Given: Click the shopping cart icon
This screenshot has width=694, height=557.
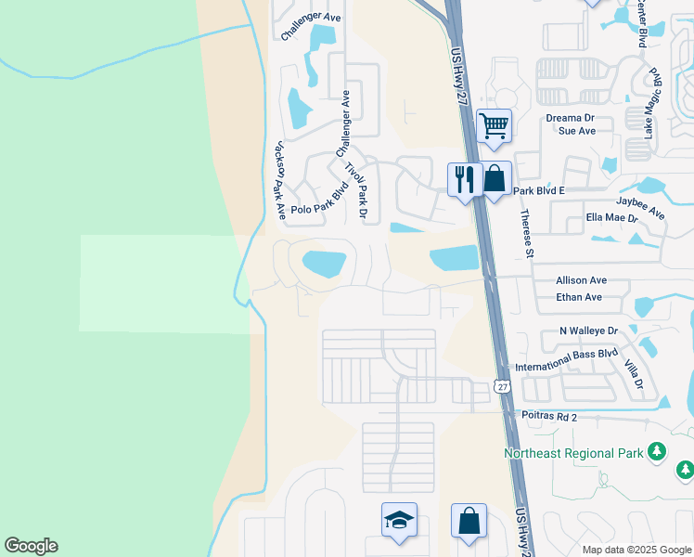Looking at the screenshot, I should tap(494, 124).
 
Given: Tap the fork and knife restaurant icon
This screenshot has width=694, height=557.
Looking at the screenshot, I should tap(465, 177).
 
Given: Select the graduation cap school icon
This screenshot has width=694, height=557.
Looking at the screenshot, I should tap(399, 520).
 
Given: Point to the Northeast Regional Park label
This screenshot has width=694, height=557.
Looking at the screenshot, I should tap(572, 453).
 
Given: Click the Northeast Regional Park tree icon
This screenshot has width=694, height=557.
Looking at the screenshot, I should tap(658, 452).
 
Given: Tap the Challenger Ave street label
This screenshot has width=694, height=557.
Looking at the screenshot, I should tap(311, 16).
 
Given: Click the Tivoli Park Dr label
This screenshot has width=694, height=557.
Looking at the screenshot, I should tap(357, 191).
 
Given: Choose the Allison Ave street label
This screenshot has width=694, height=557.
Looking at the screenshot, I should tap(581, 279).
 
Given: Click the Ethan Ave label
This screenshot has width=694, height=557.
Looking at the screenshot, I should tap(579, 297).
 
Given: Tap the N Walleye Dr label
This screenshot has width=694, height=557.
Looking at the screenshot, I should tap(588, 330).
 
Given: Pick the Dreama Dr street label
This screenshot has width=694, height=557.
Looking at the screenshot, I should tap(569, 118).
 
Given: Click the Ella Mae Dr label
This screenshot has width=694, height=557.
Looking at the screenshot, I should tap(612, 218).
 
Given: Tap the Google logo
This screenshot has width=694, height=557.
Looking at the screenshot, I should tap(31, 546).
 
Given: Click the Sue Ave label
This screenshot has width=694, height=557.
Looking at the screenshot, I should tap(576, 131).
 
